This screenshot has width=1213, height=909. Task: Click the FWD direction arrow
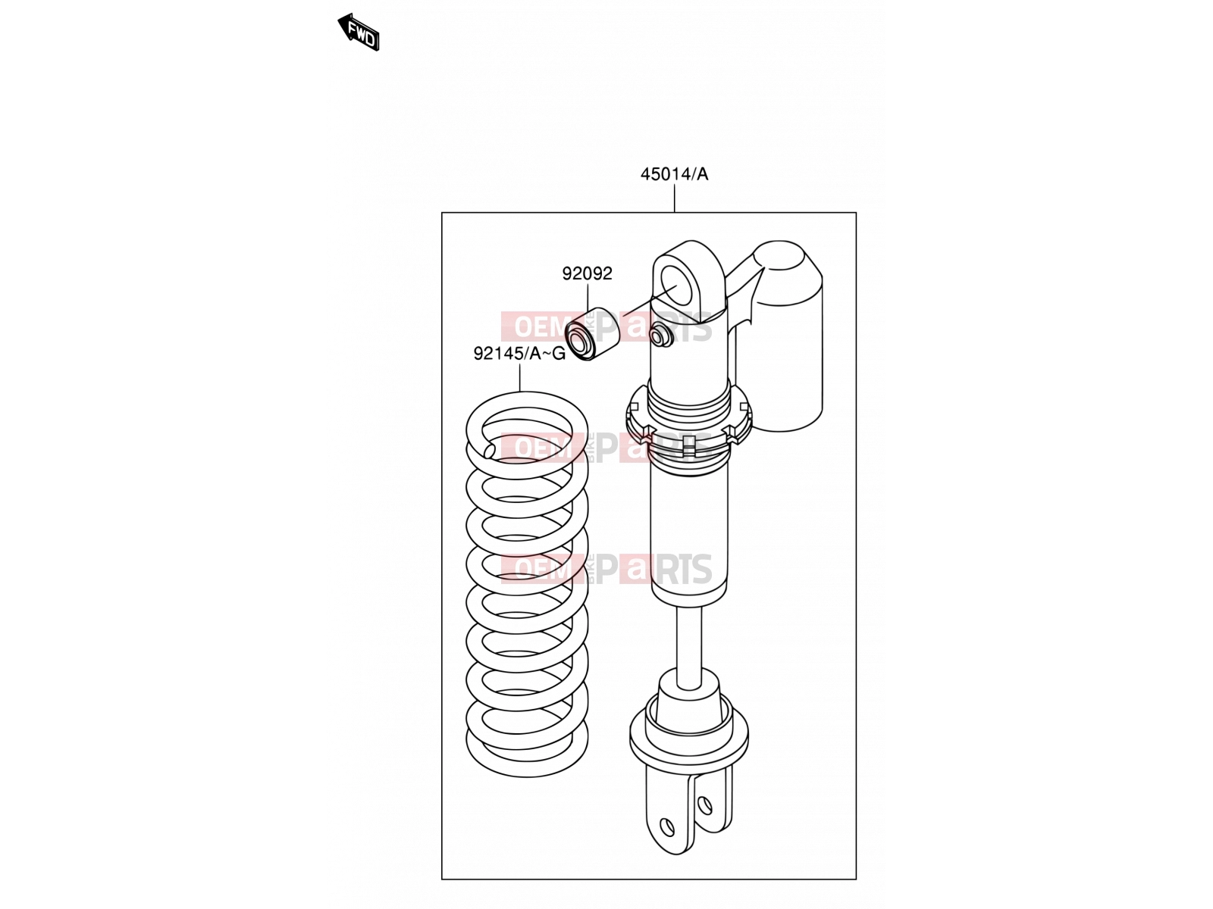tap(359, 32)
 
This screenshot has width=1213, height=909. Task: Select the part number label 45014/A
tap(674, 174)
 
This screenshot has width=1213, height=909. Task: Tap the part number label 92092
tap(588, 273)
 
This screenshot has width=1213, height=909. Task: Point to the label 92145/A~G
tap(519, 353)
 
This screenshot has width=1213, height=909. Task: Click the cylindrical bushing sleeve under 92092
tap(592, 334)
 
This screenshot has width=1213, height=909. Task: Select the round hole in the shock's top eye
tap(678, 285)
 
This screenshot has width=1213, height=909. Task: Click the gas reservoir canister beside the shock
tap(785, 336)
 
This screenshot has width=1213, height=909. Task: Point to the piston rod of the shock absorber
tap(689, 645)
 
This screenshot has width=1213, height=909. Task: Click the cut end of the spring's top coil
tap(103, 451)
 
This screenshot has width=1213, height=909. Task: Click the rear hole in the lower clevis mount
tap(704, 805)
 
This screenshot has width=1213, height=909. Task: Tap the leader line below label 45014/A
tap(674, 198)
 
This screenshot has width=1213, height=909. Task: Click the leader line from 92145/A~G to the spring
tap(519, 377)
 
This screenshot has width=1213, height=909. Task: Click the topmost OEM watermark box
tap(541, 326)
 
